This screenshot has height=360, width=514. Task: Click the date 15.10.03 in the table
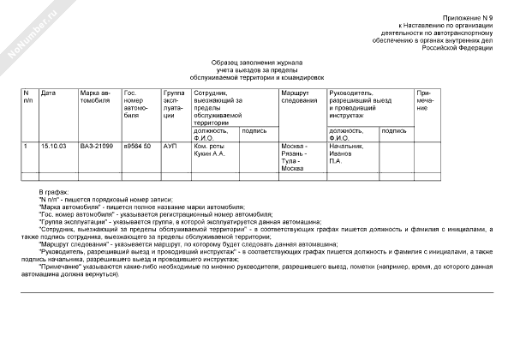click(x=54, y=147)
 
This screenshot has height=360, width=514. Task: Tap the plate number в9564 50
click(x=138, y=147)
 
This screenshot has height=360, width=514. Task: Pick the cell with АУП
click(x=170, y=147)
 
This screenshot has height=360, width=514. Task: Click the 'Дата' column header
click(x=49, y=92)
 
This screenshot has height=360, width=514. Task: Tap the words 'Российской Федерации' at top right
click(x=469, y=47)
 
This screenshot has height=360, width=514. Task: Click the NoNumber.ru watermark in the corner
click(x=28, y=28)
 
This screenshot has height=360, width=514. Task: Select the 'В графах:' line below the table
click(x=52, y=190)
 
